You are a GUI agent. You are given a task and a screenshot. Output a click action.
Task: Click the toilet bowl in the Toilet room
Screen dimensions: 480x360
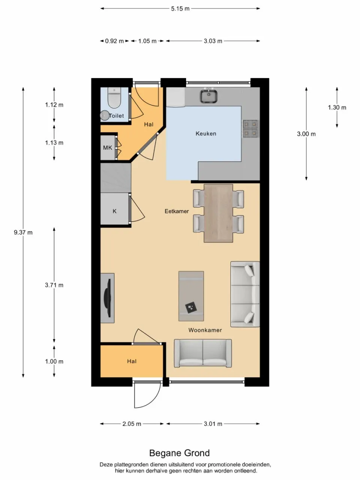(x=113, y=99)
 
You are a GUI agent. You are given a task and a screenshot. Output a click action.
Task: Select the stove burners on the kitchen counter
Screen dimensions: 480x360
(x=250, y=128)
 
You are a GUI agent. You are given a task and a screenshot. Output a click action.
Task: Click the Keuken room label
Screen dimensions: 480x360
(x=206, y=133)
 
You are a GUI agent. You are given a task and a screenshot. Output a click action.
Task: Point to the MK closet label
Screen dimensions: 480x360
(x=108, y=148)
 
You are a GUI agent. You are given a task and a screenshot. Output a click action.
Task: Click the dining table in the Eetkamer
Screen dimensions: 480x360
(x=218, y=213)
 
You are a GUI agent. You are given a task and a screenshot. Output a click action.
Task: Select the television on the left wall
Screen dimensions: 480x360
(x=108, y=298)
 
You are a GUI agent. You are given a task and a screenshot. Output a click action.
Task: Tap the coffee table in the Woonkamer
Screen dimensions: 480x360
(x=191, y=296)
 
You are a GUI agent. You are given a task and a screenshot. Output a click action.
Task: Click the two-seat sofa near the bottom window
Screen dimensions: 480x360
(x=202, y=353)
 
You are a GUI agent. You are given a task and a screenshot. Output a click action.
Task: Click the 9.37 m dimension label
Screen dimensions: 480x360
(x=23, y=232)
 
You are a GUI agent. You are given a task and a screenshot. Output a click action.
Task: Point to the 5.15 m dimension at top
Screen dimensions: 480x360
(x=180, y=9)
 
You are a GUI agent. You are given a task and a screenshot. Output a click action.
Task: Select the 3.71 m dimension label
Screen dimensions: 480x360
(x=54, y=285)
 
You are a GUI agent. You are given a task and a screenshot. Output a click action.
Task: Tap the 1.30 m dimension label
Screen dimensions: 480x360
(x=337, y=108)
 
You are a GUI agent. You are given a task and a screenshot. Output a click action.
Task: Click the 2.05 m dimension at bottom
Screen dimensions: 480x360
(x=132, y=424)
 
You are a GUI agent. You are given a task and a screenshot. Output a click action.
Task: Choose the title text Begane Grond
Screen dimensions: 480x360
(x=179, y=453)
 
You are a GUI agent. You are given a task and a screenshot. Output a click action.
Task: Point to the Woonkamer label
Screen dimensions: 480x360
(x=205, y=330)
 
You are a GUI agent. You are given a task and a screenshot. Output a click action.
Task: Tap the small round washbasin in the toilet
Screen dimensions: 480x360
(x=105, y=115)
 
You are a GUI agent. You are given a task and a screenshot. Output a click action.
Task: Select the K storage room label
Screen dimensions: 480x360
(x=115, y=211)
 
